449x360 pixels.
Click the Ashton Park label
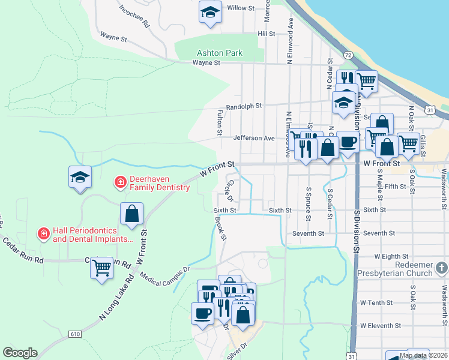219,53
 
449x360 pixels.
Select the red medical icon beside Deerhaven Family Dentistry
120,181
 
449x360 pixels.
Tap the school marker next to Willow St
210,12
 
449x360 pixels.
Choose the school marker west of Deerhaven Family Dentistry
80,177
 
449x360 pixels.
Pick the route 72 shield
348,54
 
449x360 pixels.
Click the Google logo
20,353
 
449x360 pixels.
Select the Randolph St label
240,106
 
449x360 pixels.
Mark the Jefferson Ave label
253,138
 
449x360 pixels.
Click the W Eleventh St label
380,325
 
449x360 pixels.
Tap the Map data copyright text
424,355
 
